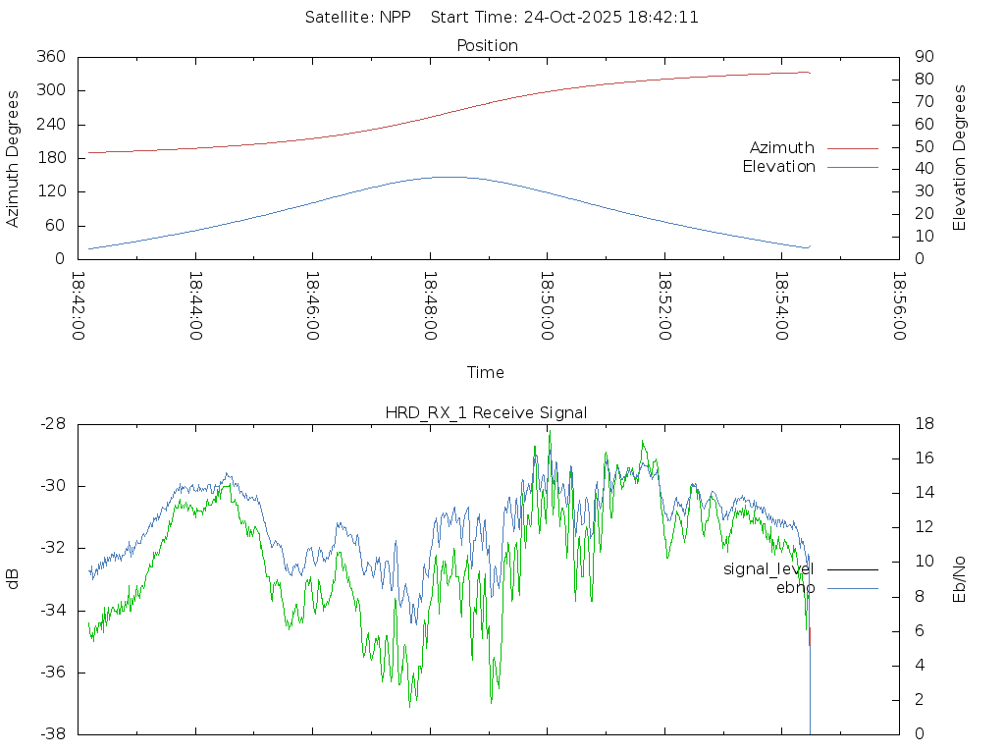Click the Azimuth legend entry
782,148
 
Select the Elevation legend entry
778,167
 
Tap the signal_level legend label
768,569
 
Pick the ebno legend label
795,588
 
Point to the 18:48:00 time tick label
430,306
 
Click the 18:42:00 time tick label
79,306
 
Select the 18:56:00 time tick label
899,306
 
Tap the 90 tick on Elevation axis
922,57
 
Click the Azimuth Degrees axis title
14,158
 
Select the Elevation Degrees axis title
960,158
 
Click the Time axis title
486,373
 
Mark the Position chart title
488,46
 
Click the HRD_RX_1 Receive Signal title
486,413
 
